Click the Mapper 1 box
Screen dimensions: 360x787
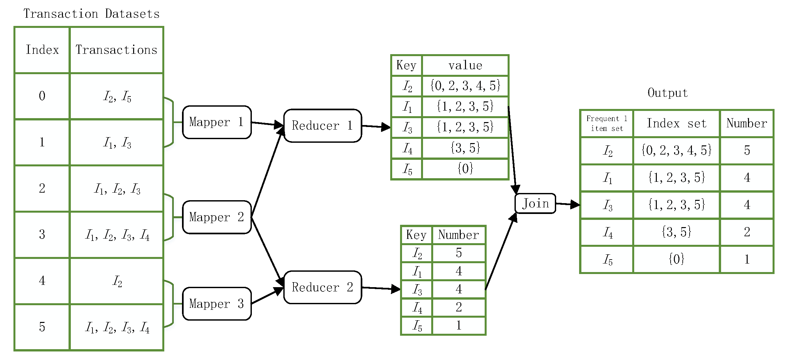click(x=217, y=122)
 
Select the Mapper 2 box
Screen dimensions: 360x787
click(x=217, y=217)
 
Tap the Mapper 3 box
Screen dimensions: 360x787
click(x=217, y=304)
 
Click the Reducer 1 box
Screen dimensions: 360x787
click(x=322, y=126)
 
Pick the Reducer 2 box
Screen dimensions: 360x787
click(x=322, y=287)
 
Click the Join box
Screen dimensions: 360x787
click(x=535, y=203)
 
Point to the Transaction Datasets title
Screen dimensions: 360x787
click(x=91, y=14)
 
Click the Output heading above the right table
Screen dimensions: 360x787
click(x=668, y=93)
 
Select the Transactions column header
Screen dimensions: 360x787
click(x=116, y=50)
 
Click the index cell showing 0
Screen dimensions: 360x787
click(x=42, y=96)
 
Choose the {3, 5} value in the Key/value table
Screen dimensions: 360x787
click(x=465, y=148)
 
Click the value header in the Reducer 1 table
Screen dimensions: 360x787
click(x=465, y=65)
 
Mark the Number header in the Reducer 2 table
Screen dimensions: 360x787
click(x=458, y=235)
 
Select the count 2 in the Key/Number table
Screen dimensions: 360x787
click(x=458, y=307)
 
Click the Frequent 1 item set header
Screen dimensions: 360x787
click(x=607, y=123)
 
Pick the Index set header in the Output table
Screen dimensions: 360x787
click(x=676, y=123)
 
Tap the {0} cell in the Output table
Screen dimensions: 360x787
click(x=676, y=259)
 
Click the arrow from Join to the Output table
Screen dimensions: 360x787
click(x=568, y=204)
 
